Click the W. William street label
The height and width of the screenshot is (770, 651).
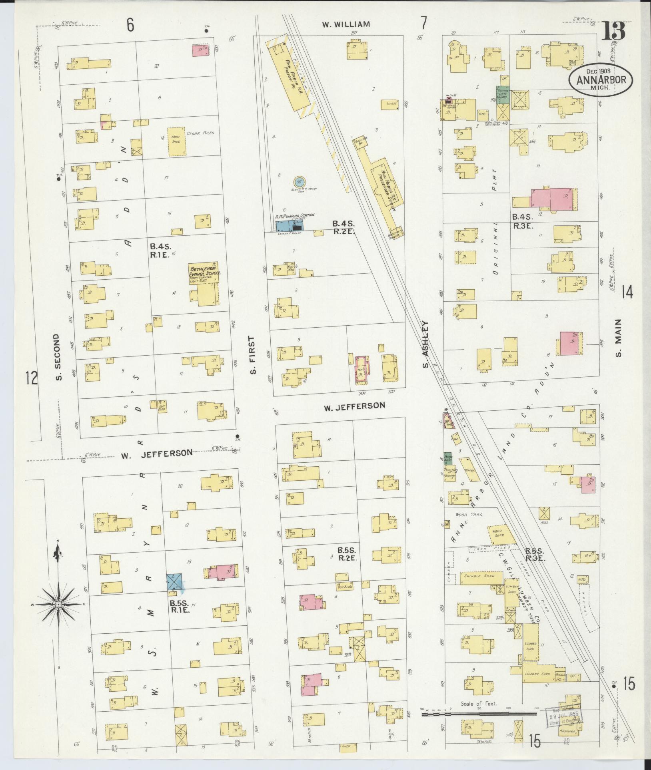tap(346, 24)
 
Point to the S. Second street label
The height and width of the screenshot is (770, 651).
tap(58, 357)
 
